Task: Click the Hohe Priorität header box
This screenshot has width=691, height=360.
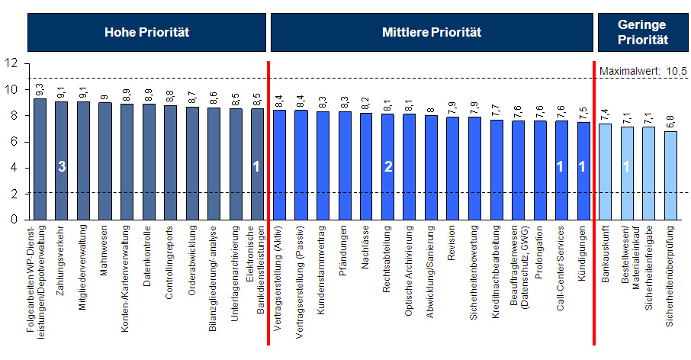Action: click(x=146, y=32)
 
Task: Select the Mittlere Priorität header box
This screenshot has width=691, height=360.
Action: click(x=432, y=32)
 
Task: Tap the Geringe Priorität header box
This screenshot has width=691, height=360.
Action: click(x=643, y=32)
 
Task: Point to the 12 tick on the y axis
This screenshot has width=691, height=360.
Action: click(x=10, y=63)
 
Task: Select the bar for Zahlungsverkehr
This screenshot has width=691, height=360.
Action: click(x=61, y=160)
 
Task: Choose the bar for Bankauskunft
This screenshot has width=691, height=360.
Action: click(x=605, y=172)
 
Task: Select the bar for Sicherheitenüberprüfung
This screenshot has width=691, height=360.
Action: click(x=670, y=175)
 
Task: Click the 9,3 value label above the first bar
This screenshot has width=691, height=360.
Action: click(x=40, y=89)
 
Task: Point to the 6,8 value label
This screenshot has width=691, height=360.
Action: click(x=670, y=122)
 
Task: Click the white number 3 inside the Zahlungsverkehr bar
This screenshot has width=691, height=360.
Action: click(x=61, y=167)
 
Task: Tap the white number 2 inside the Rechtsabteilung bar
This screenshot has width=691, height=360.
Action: click(x=388, y=167)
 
